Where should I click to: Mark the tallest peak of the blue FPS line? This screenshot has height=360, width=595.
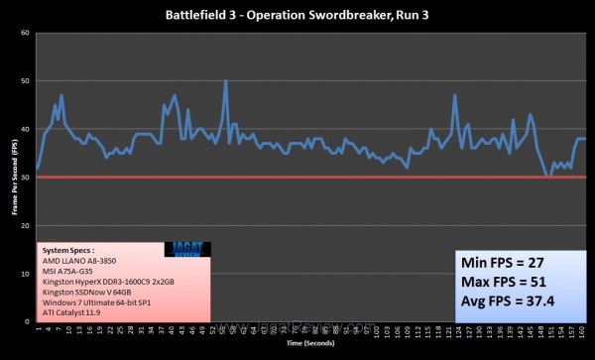click(x=226, y=81)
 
